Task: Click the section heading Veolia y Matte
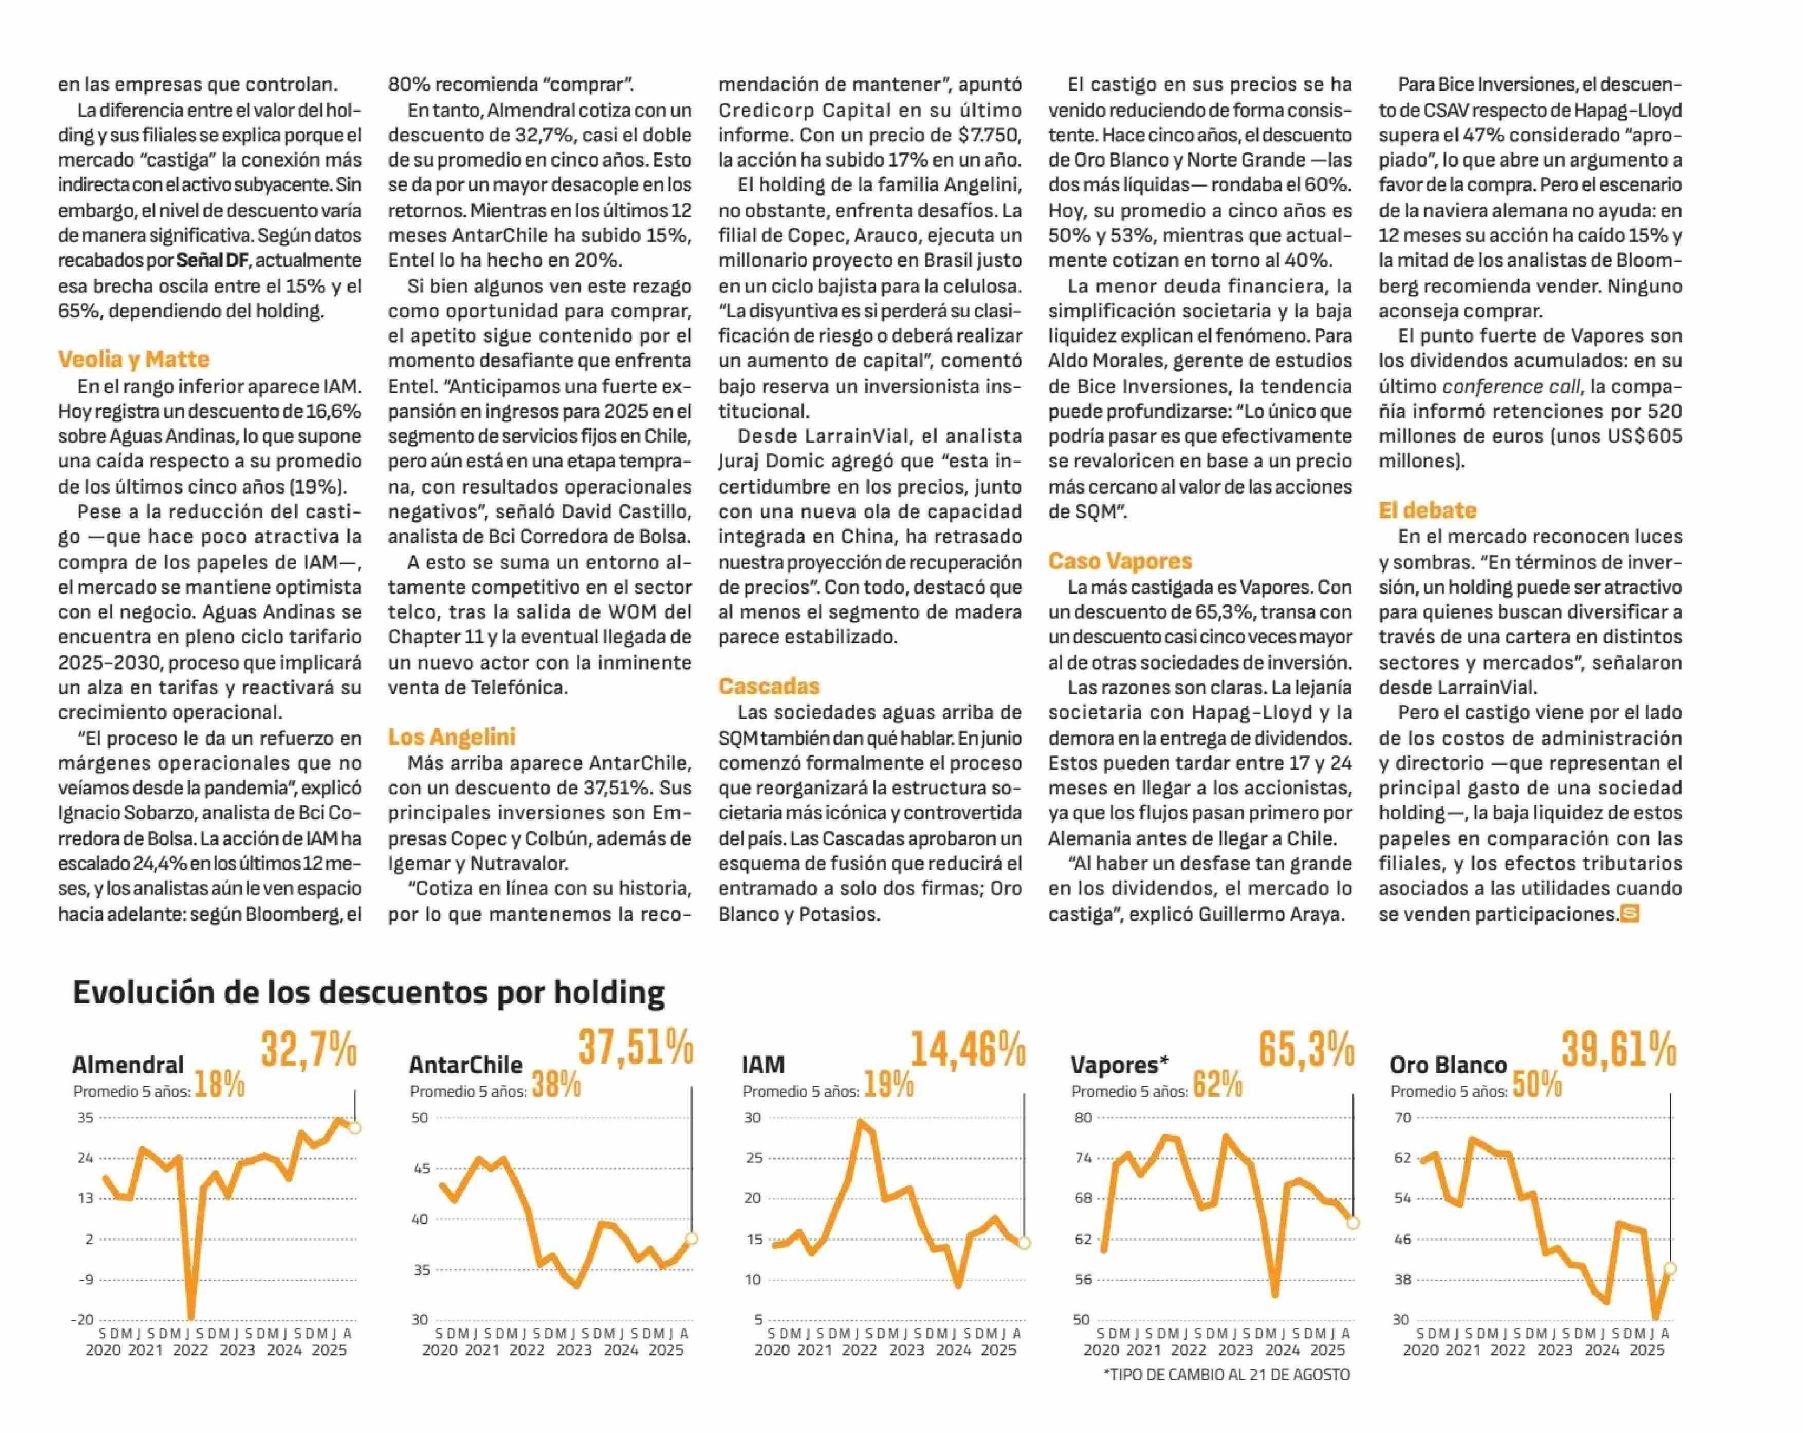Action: (134, 360)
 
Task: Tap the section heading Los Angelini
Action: (452, 737)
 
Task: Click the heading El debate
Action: (1427, 510)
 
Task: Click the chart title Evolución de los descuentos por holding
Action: (369, 992)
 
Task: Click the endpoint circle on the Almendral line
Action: (355, 1128)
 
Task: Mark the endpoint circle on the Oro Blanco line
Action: (1670, 1268)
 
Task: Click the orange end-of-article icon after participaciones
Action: (1629, 914)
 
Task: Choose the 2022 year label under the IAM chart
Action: (859, 1350)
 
